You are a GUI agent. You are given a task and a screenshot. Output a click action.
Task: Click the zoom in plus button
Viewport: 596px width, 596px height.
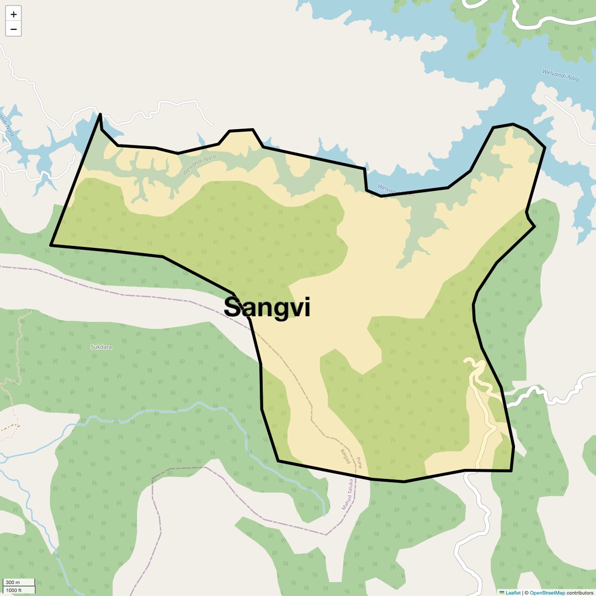(14, 14)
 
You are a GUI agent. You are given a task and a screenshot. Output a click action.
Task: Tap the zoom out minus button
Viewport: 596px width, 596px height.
(14, 29)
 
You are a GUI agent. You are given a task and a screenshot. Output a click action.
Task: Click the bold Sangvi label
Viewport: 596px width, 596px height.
(267, 307)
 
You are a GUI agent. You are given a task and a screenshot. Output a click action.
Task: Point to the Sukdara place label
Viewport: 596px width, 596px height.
(101, 347)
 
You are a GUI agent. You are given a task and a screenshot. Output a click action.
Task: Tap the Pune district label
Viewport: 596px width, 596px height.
(359, 462)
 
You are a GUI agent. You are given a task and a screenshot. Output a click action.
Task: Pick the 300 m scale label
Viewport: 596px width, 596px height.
(13, 582)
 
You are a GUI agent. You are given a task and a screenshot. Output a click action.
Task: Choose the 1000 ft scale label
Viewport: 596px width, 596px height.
(14, 590)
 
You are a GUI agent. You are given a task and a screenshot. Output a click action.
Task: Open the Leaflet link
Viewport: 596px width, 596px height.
(513, 593)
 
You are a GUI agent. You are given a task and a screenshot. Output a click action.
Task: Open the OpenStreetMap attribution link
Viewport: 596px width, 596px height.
(547, 593)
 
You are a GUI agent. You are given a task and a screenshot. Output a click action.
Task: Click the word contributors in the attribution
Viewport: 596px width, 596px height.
(580, 593)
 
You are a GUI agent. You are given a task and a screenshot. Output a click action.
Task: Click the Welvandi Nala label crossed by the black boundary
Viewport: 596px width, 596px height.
(395, 191)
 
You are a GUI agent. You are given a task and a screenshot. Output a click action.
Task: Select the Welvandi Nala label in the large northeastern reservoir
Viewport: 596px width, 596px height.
(560, 75)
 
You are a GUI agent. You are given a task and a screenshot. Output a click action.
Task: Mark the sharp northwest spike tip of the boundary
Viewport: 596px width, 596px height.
(100, 114)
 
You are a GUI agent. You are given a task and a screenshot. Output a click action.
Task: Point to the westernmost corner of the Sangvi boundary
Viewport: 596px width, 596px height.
(51, 245)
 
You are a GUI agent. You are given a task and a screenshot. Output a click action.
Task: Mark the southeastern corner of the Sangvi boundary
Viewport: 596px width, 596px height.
(511, 471)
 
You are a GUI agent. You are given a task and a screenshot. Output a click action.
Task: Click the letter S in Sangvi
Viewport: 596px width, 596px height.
(233, 307)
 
